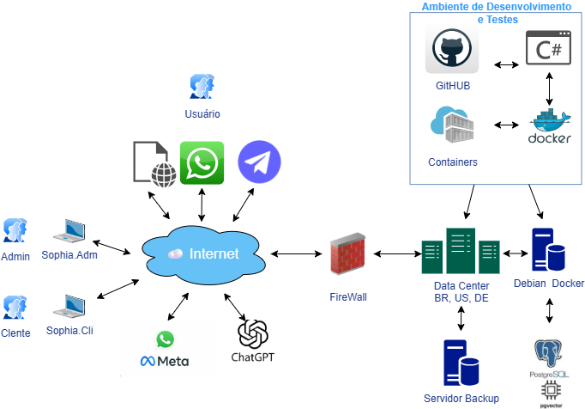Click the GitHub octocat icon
point(452,48)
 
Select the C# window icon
point(549,47)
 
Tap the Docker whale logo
point(549,127)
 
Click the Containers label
point(453,162)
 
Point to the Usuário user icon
point(202,87)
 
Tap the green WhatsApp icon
point(202,163)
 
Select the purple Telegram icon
point(259,162)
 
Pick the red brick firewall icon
point(348,254)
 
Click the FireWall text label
point(348,296)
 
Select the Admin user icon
point(15,230)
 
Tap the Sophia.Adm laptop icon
point(69,230)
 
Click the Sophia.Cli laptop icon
point(69,307)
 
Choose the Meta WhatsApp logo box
point(166,350)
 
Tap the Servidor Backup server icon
point(461,363)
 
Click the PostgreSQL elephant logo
point(549,354)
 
